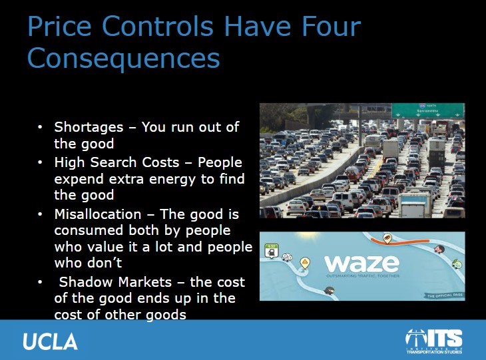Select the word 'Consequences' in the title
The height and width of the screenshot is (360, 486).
tap(123, 58)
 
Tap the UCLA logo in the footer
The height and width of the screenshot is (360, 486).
tap(50, 341)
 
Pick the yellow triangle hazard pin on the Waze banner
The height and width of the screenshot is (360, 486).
tap(306, 262)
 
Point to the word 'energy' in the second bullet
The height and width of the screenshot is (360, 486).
tap(141, 180)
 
